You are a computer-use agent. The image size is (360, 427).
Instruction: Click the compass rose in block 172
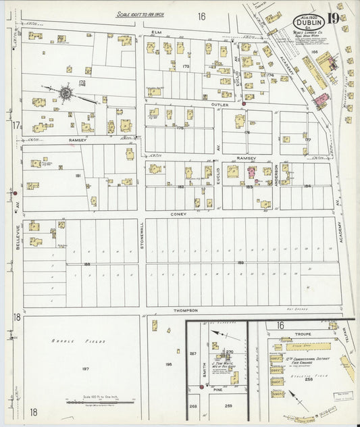pyautogui.click(x=67, y=93)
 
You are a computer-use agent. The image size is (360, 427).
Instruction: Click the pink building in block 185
pyautogui.click(x=251, y=173)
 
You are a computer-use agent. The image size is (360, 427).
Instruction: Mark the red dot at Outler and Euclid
pyautogui.click(x=243, y=104)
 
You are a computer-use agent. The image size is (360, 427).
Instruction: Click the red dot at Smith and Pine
pyautogui.click(x=201, y=387)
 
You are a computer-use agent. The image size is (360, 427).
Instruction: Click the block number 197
pyautogui.click(x=84, y=369)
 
